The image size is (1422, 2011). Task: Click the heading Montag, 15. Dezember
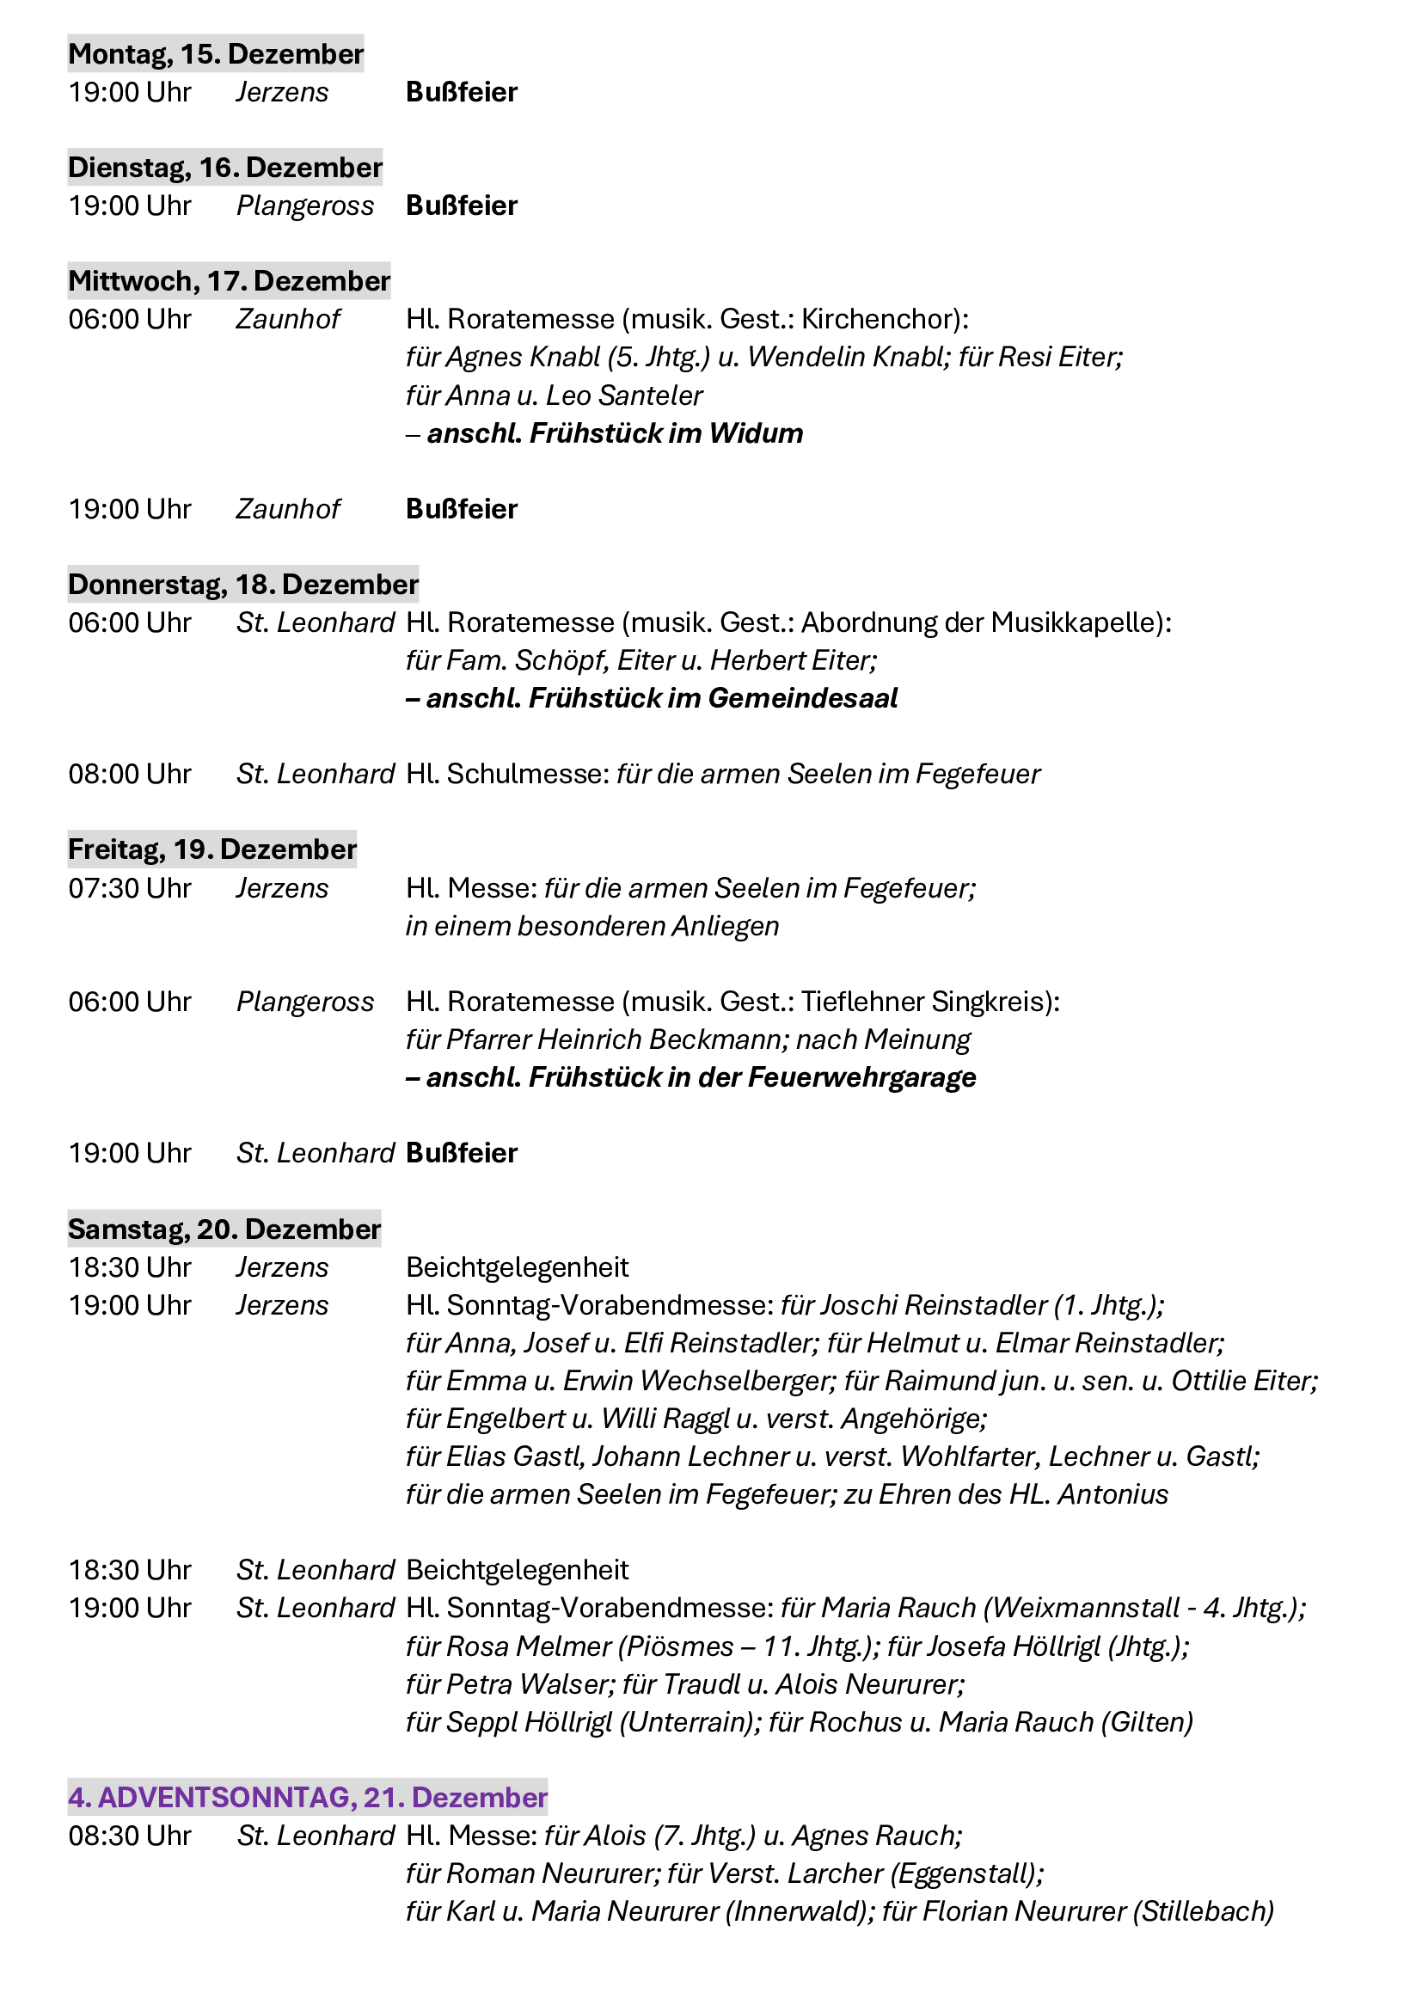coord(216,54)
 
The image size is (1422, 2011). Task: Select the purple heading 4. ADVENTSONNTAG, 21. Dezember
coord(307,1797)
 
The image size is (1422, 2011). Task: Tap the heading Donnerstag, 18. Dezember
coord(242,584)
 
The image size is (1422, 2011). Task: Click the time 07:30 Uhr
coord(130,888)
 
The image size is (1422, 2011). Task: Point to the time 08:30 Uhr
coord(130,1835)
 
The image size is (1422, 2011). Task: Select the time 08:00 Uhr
coord(130,775)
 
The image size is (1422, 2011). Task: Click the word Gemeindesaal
coord(802,698)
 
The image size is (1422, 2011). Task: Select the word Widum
coord(756,433)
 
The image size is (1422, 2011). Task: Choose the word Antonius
coord(1112,1494)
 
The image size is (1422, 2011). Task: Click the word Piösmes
coord(680,1646)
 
